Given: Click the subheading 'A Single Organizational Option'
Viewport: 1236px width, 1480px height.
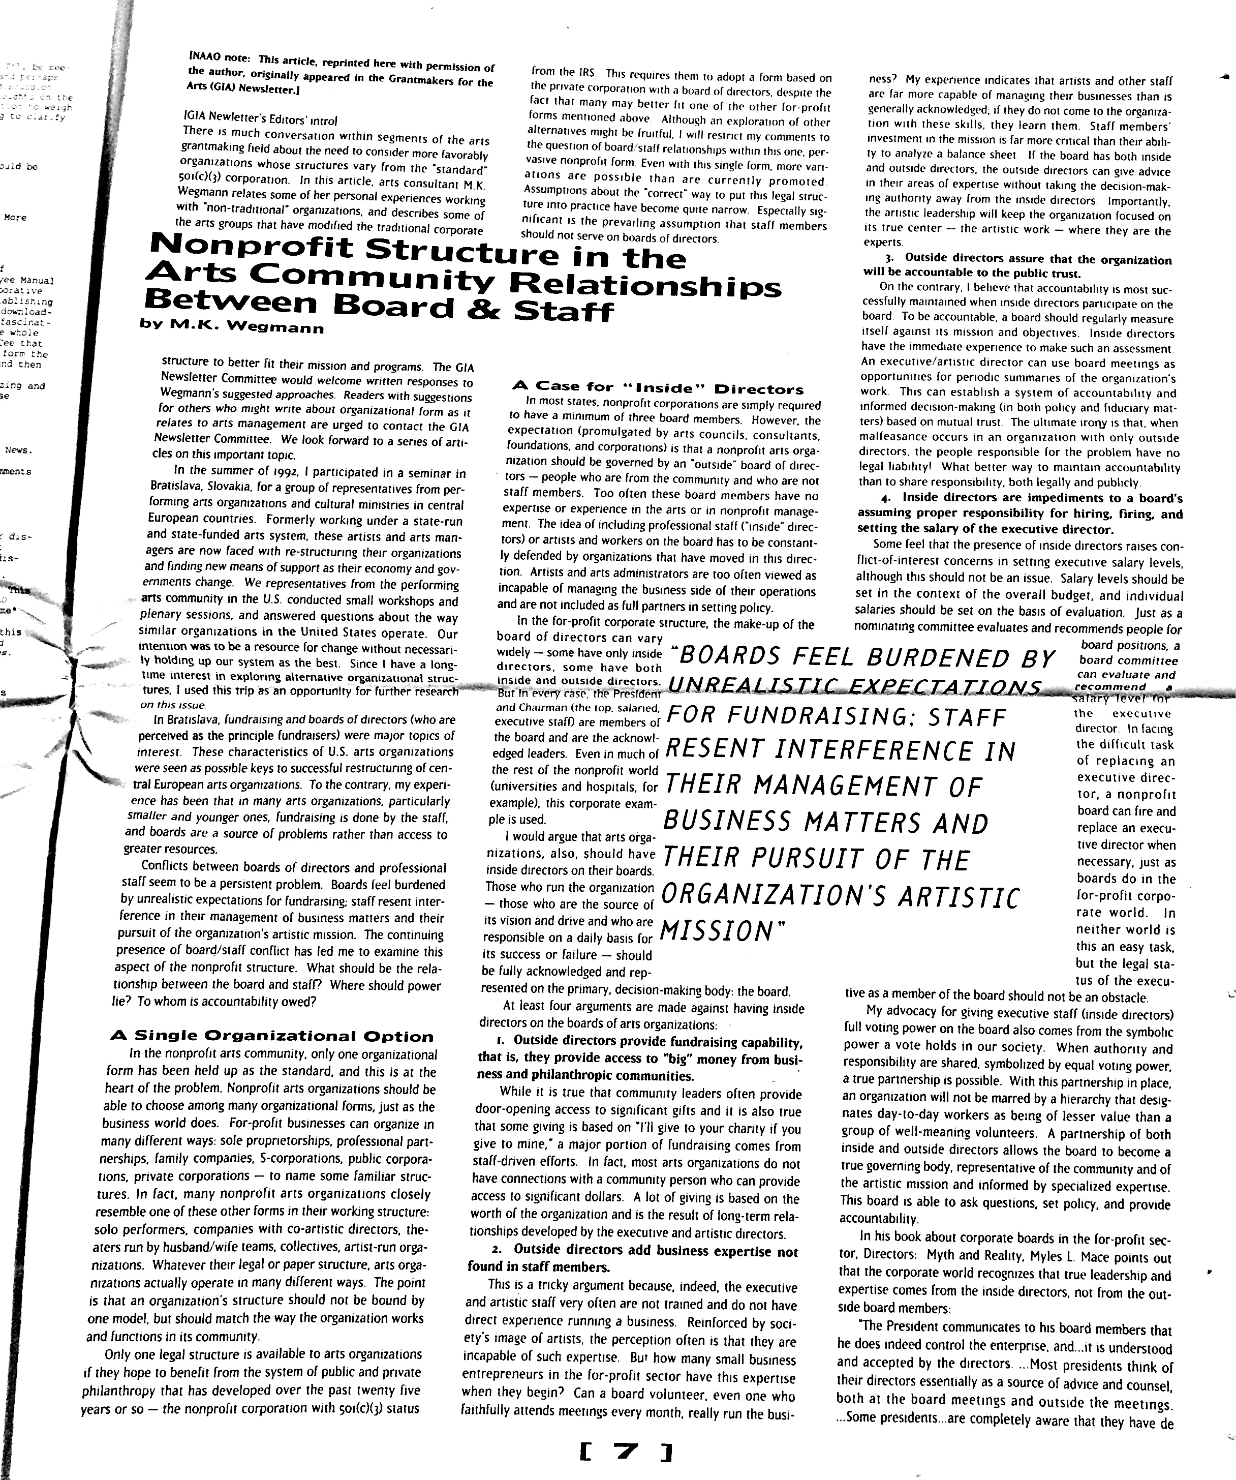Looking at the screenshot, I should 272,1036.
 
